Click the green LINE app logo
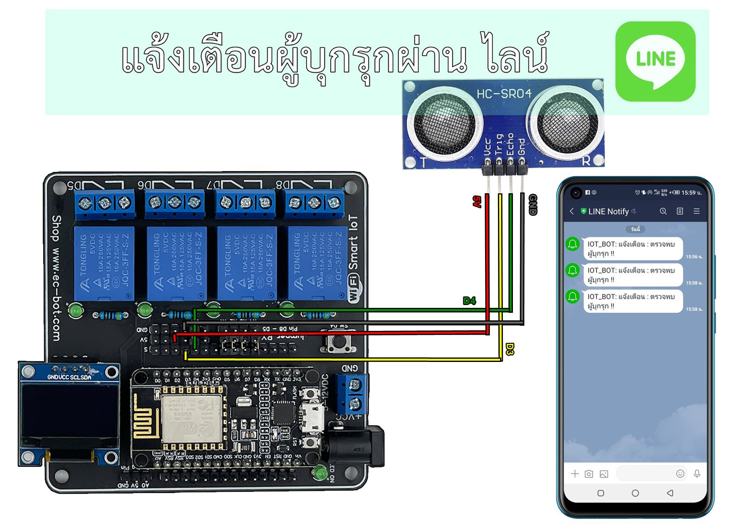click(655, 61)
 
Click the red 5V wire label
click(477, 201)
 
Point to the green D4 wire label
click(469, 301)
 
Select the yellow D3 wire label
click(510, 349)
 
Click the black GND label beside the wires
click(533, 205)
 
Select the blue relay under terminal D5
click(104, 263)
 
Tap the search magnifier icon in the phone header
click(663, 211)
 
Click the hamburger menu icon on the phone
click(697, 211)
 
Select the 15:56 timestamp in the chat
click(694, 257)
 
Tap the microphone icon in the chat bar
click(697, 474)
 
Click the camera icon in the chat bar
click(589, 474)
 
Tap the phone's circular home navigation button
click(635, 493)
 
